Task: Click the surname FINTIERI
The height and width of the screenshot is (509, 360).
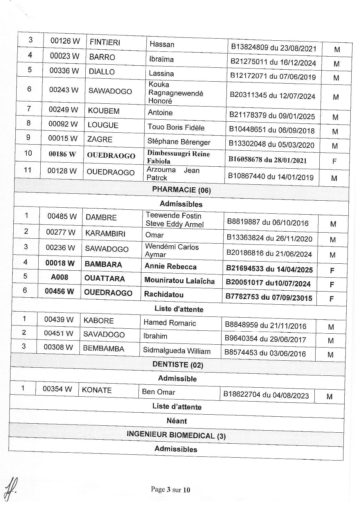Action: tap(105, 42)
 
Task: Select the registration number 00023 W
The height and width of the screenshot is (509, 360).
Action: tap(64, 56)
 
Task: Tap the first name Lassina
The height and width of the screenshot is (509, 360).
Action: tap(161, 73)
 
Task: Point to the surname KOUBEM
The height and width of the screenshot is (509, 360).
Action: tap(104, 111)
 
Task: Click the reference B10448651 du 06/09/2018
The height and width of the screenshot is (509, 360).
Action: tap(272, 130)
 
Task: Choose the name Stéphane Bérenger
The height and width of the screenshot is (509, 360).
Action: tap(179, 142)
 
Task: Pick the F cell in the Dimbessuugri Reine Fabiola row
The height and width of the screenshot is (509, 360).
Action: tap(334, 161)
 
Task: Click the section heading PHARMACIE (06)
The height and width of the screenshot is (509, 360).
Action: tap(181, 190)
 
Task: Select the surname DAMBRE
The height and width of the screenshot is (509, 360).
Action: tap(101, 217)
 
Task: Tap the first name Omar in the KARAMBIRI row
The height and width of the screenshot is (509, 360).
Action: tap(154, 235)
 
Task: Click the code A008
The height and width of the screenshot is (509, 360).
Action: tap(60, 277)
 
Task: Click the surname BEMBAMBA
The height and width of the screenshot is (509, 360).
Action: tap(104, 349)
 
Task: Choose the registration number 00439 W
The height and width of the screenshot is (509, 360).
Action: tap(59, 319)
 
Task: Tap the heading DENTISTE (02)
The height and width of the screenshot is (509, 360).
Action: tap(178, 365)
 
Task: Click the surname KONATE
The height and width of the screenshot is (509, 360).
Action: tap(97, 390)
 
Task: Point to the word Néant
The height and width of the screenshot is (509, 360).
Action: tap(177, 421)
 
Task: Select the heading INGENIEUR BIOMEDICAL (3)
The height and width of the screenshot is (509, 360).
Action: tap(176, 435)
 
